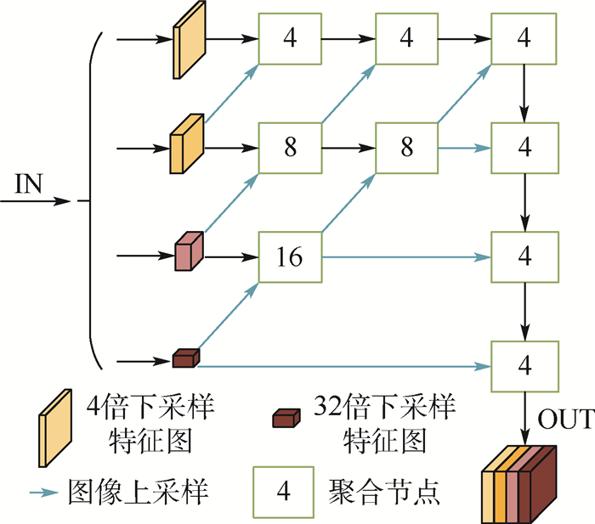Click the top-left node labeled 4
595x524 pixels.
tap(291, 39)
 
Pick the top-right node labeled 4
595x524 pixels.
tap(524, 39)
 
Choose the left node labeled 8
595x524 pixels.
tap(291, 148)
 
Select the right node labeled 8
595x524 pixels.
tap(407, 148)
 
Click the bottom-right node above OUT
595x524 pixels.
tap(524, 365)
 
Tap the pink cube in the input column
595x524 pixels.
tap(187, 252)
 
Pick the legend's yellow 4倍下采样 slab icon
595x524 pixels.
tap(52, 429)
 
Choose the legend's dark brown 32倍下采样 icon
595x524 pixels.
tap(286, 418)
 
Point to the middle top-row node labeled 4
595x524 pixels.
tap(407, 39)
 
